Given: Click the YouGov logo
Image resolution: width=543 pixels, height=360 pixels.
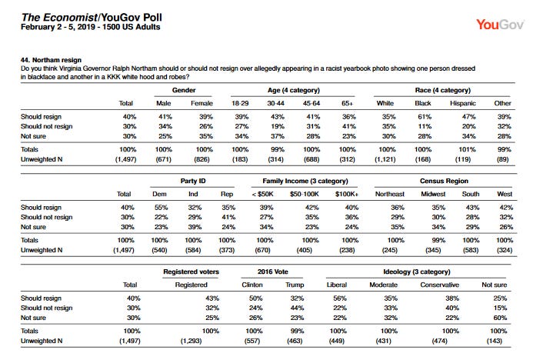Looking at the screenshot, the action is click(501, 25).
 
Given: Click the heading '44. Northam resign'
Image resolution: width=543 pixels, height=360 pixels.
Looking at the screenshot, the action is click(51, 60).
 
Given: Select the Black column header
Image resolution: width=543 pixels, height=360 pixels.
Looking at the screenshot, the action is click(423, 103).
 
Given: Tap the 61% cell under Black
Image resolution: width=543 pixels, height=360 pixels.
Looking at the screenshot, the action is click(425, 117).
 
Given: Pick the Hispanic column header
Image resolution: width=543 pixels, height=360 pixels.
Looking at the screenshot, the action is click(463, 103).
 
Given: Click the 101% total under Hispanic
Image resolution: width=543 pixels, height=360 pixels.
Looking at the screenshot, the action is click(467, 150).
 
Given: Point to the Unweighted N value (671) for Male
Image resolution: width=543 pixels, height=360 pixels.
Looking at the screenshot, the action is click(163, 159).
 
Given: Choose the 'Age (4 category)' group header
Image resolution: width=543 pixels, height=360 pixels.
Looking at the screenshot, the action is click(294, 90).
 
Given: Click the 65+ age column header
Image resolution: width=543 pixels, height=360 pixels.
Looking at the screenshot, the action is click(348, 103).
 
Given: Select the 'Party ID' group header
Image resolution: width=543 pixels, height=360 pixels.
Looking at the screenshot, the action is click(193, 181).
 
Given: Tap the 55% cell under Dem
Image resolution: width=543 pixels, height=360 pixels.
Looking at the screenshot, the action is click(161, 208).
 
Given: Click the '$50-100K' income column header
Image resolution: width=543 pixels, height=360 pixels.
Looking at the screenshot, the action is click(304, 194).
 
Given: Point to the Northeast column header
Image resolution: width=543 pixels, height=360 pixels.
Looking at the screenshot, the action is click(390, 194).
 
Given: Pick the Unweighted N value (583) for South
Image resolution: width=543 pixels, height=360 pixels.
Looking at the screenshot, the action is click(471, 250).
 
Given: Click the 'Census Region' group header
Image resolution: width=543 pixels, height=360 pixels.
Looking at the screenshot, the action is click(444, 181).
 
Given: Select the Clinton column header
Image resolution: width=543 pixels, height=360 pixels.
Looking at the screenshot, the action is click(252, 285).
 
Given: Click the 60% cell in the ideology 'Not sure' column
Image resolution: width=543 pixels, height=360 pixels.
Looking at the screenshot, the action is click(500, 318).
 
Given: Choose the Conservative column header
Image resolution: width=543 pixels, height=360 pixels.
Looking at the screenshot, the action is click(439, 285).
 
